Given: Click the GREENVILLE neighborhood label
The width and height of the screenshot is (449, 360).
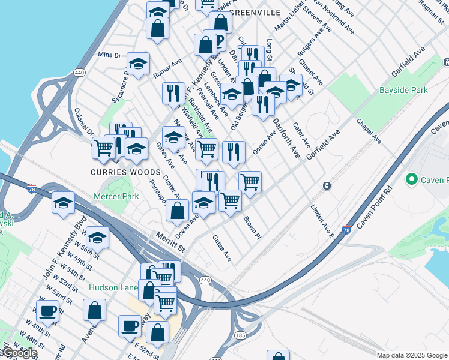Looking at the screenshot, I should coord(255,12).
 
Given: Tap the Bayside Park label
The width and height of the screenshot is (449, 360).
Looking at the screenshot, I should coord(403,91).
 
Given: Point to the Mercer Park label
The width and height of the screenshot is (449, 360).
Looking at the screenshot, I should coord(116,196).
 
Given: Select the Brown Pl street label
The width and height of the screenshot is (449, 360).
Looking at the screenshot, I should coord(252,228).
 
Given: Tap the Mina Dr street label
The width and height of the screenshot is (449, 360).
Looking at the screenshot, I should coord(109,55).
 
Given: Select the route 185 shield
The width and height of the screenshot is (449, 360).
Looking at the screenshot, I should coord(240,335).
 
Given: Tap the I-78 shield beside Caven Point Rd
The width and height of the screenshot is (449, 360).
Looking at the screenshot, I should coord(346,229).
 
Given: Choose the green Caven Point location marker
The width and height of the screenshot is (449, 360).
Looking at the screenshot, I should coord(412,179).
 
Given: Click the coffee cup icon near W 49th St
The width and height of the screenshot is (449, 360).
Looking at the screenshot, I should coord(47,311).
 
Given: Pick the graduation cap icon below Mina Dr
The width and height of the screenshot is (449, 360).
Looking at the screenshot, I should coord(138,65).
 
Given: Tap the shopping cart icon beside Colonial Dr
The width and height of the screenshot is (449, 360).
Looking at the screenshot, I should coord(104,146).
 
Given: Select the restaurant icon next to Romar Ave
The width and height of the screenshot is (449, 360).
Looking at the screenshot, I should coord(173,93).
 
